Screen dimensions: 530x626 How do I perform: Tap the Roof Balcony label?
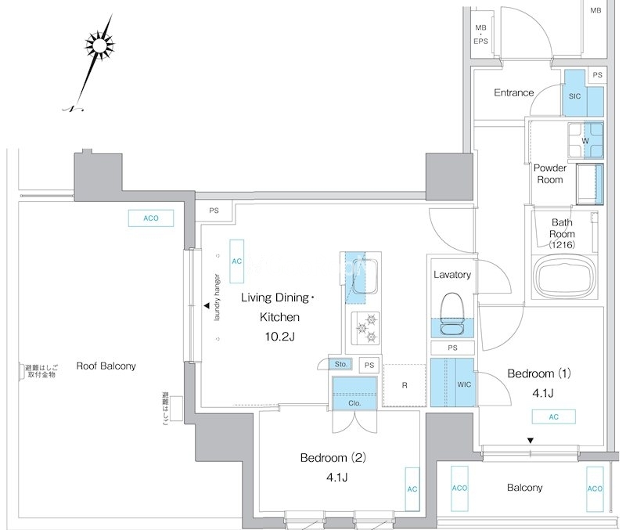point(106,366)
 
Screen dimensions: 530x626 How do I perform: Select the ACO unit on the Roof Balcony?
point(151,218)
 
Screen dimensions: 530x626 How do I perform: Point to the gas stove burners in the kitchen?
point(364,328)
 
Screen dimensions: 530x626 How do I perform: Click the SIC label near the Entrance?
point(574,96)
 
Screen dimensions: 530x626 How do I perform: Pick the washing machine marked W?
point(585,140)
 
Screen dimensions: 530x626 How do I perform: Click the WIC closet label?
point(463,384)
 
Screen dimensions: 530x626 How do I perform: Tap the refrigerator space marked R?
point(404,385)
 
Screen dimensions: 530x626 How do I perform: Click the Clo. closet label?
point(354,403)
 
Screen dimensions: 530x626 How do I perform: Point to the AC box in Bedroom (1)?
point(553,417)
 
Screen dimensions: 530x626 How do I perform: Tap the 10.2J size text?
point(279,336)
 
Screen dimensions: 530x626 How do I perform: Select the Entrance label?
point(513,92)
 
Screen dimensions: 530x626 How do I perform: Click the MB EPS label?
point(480,34)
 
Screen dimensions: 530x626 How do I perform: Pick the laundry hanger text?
point(218,297)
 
